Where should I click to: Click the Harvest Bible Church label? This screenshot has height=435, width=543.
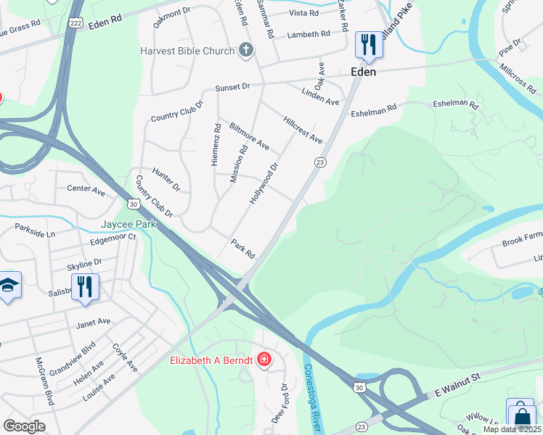[188, 51]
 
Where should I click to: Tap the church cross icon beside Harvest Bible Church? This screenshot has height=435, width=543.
[246, 51]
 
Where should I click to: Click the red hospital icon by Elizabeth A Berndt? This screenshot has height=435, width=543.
[264, 360]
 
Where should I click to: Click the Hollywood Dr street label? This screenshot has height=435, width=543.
[264, 183]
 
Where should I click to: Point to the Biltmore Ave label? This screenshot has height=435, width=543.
[249, 136]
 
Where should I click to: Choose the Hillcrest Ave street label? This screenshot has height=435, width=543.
[303, 128]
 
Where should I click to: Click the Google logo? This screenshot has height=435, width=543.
[24, 426]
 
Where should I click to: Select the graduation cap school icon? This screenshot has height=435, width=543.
[9, 286]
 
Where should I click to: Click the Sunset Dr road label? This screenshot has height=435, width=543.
[232, 87]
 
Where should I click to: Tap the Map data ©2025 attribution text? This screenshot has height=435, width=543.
[513, 429]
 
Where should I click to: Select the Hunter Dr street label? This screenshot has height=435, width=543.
[166, 179]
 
